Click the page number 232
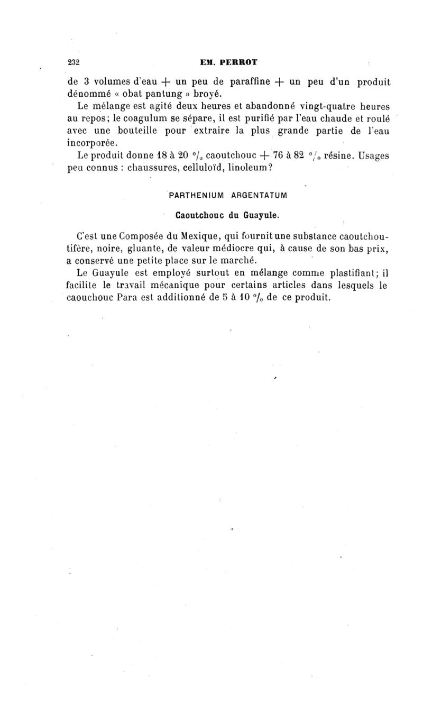(x=73, y=62)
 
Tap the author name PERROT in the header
(x=236, y=62)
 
